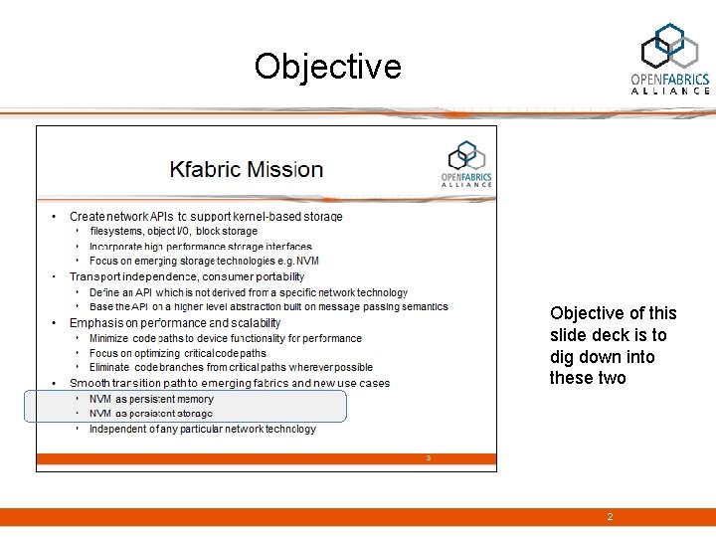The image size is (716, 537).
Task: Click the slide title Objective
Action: click(x=327, y=67)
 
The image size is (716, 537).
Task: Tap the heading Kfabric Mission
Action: click(x=246, y=169)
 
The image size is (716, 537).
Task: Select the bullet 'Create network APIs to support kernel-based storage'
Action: click(x=205, y=216)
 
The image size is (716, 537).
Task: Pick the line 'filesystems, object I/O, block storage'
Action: click(x=173, y=231)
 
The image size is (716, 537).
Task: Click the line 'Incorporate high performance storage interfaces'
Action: click(x=200, y=247)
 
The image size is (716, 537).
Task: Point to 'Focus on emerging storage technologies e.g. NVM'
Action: click(x=204, y=261)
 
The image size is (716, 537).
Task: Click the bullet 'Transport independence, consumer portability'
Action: click(x=186, y=276)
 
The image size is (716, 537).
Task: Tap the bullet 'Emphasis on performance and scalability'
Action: click(x=175, y=322)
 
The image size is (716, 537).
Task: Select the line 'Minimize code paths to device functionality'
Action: click(x=225, y=338)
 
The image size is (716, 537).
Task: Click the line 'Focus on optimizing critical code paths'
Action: click(x=178, y=353)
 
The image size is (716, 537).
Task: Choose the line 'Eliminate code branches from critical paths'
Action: click(x=231, y=367)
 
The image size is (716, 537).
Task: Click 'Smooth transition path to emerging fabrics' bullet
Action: click(x=229, y=383)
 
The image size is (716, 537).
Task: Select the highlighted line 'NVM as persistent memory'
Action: click(x=151, y=399)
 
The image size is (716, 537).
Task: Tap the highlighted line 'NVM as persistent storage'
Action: click(x=150, y=413)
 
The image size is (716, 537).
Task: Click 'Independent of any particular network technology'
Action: click(x=203, y=429)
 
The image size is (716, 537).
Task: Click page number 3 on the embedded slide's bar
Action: click(x=428, y=458)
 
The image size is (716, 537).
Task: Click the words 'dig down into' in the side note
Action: click(x=603, y=356)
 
